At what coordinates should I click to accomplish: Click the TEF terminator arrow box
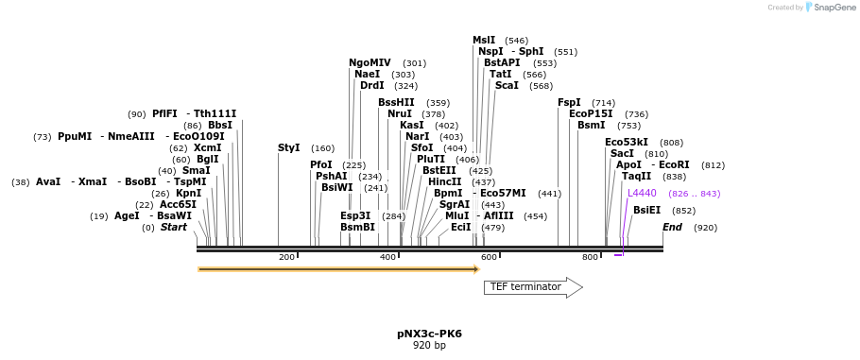point(533,287)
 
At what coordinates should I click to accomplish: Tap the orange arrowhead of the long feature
point(476,269)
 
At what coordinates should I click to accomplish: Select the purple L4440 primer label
point(642,193)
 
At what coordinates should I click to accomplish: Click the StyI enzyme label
point(289,148)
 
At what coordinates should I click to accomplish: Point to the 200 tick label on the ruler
point(286,257)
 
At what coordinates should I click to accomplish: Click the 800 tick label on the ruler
point(590,257)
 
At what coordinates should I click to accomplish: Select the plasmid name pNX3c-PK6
point(425,334)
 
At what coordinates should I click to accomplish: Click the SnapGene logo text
point(834,8)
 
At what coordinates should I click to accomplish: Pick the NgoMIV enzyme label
point(370,62)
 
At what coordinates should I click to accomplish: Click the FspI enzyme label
point(569,102)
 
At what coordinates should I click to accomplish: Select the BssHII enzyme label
point(396,102)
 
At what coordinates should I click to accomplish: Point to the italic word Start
point(173,227)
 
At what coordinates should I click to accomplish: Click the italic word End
point(672,227)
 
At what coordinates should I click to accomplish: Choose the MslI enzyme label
point(484,40)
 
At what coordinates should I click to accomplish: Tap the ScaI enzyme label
point(507,86)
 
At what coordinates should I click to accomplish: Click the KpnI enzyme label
point(188,193)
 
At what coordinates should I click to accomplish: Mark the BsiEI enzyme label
point(647,210)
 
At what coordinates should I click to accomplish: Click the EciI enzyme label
point(461,227)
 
